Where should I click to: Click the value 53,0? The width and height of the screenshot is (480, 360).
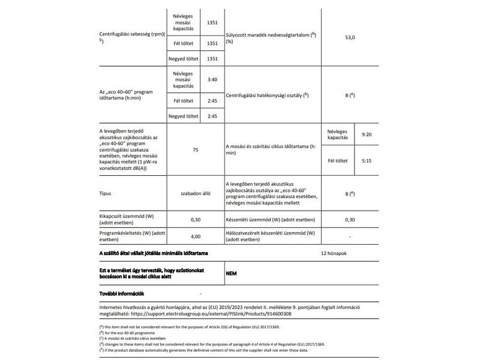point(350,37)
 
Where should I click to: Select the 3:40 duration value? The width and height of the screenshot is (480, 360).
point(211,79)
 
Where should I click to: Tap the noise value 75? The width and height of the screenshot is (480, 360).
point(195,149)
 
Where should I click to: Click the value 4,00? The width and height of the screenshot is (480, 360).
point(195,236)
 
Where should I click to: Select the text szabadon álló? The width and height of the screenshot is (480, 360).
point(195,194)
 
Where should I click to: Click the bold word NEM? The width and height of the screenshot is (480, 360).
point(232,273)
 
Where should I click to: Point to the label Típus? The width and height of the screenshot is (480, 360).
point(106,194)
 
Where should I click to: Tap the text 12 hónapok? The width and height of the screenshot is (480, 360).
point(334,253)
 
